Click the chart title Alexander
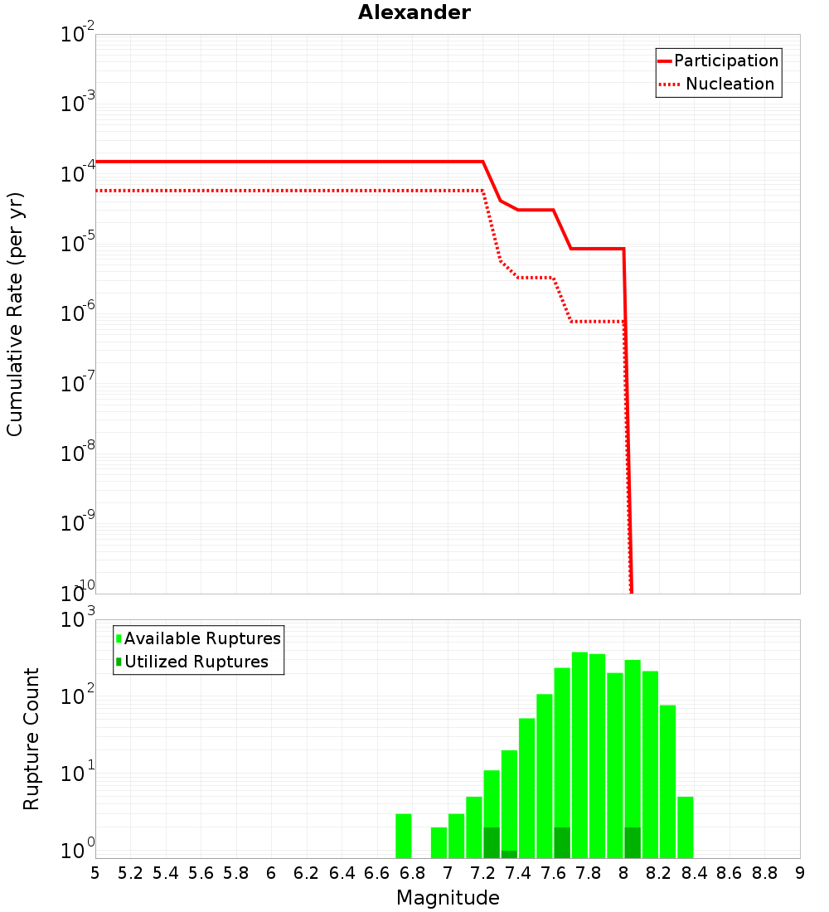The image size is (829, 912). coord(414,12)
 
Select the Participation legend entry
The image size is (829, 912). coord(725,61)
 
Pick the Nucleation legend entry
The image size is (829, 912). coord(730,85)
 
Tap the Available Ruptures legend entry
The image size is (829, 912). coord(202,638)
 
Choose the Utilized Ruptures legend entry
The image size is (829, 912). coord(196,662)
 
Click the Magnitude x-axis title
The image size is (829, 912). coord(448,898)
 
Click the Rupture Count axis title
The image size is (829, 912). coord(32,739)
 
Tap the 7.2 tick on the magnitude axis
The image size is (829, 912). coord(482,873)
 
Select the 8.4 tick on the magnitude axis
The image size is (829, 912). coord(695,873)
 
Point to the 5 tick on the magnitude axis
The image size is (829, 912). coord(95,873)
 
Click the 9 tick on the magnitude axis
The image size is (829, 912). coord(800,873)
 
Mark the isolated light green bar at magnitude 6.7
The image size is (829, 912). coord(404,836)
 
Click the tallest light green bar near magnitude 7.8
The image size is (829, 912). coord(579,754)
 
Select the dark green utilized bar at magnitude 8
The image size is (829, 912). coord(633,842)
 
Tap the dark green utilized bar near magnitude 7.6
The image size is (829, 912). coord(562,842)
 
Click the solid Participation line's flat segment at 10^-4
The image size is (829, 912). coord(290,162)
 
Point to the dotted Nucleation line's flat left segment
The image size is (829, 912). coord(290,191)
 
